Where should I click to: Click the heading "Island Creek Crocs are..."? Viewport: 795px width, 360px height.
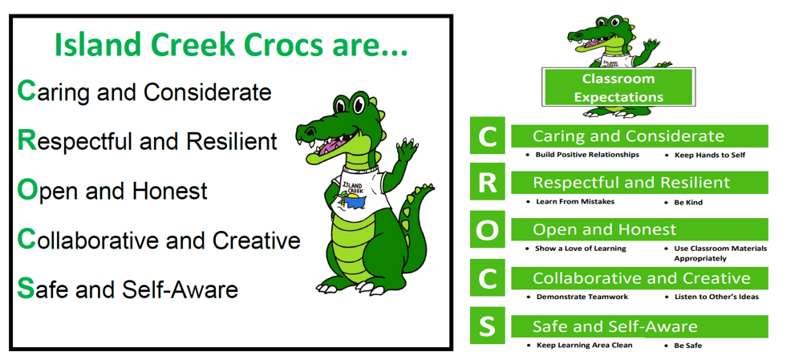tap(231, 46)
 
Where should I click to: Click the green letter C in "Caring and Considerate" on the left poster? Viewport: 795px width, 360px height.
tap(26, 91)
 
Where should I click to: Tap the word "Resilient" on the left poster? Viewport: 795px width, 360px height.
tap(232, 141)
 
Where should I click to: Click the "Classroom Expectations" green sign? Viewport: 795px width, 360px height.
tap(618, 88)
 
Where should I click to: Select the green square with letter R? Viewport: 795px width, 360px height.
tap(487, 183)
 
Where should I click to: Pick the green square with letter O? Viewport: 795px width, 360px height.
tap(487, 231)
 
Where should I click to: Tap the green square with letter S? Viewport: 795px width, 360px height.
tap(487, 326)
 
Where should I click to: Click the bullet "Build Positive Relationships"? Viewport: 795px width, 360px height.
tap(587, 154)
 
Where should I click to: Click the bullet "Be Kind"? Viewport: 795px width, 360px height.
tap(688, 202)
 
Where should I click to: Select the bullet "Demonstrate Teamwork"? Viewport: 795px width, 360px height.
tap(582, 297)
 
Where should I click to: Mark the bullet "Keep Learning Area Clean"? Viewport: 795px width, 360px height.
tap(584, 345)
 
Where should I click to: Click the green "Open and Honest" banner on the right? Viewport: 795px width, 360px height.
tap(639, 230)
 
